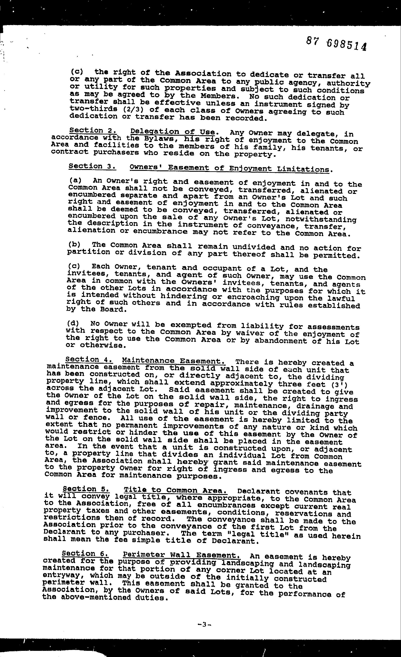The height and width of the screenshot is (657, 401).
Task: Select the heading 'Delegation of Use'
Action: (x=172, y=132)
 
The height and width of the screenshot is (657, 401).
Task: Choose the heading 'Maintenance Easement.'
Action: (x=173, y=361)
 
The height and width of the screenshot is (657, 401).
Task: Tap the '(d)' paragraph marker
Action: (x=73, y=323)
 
